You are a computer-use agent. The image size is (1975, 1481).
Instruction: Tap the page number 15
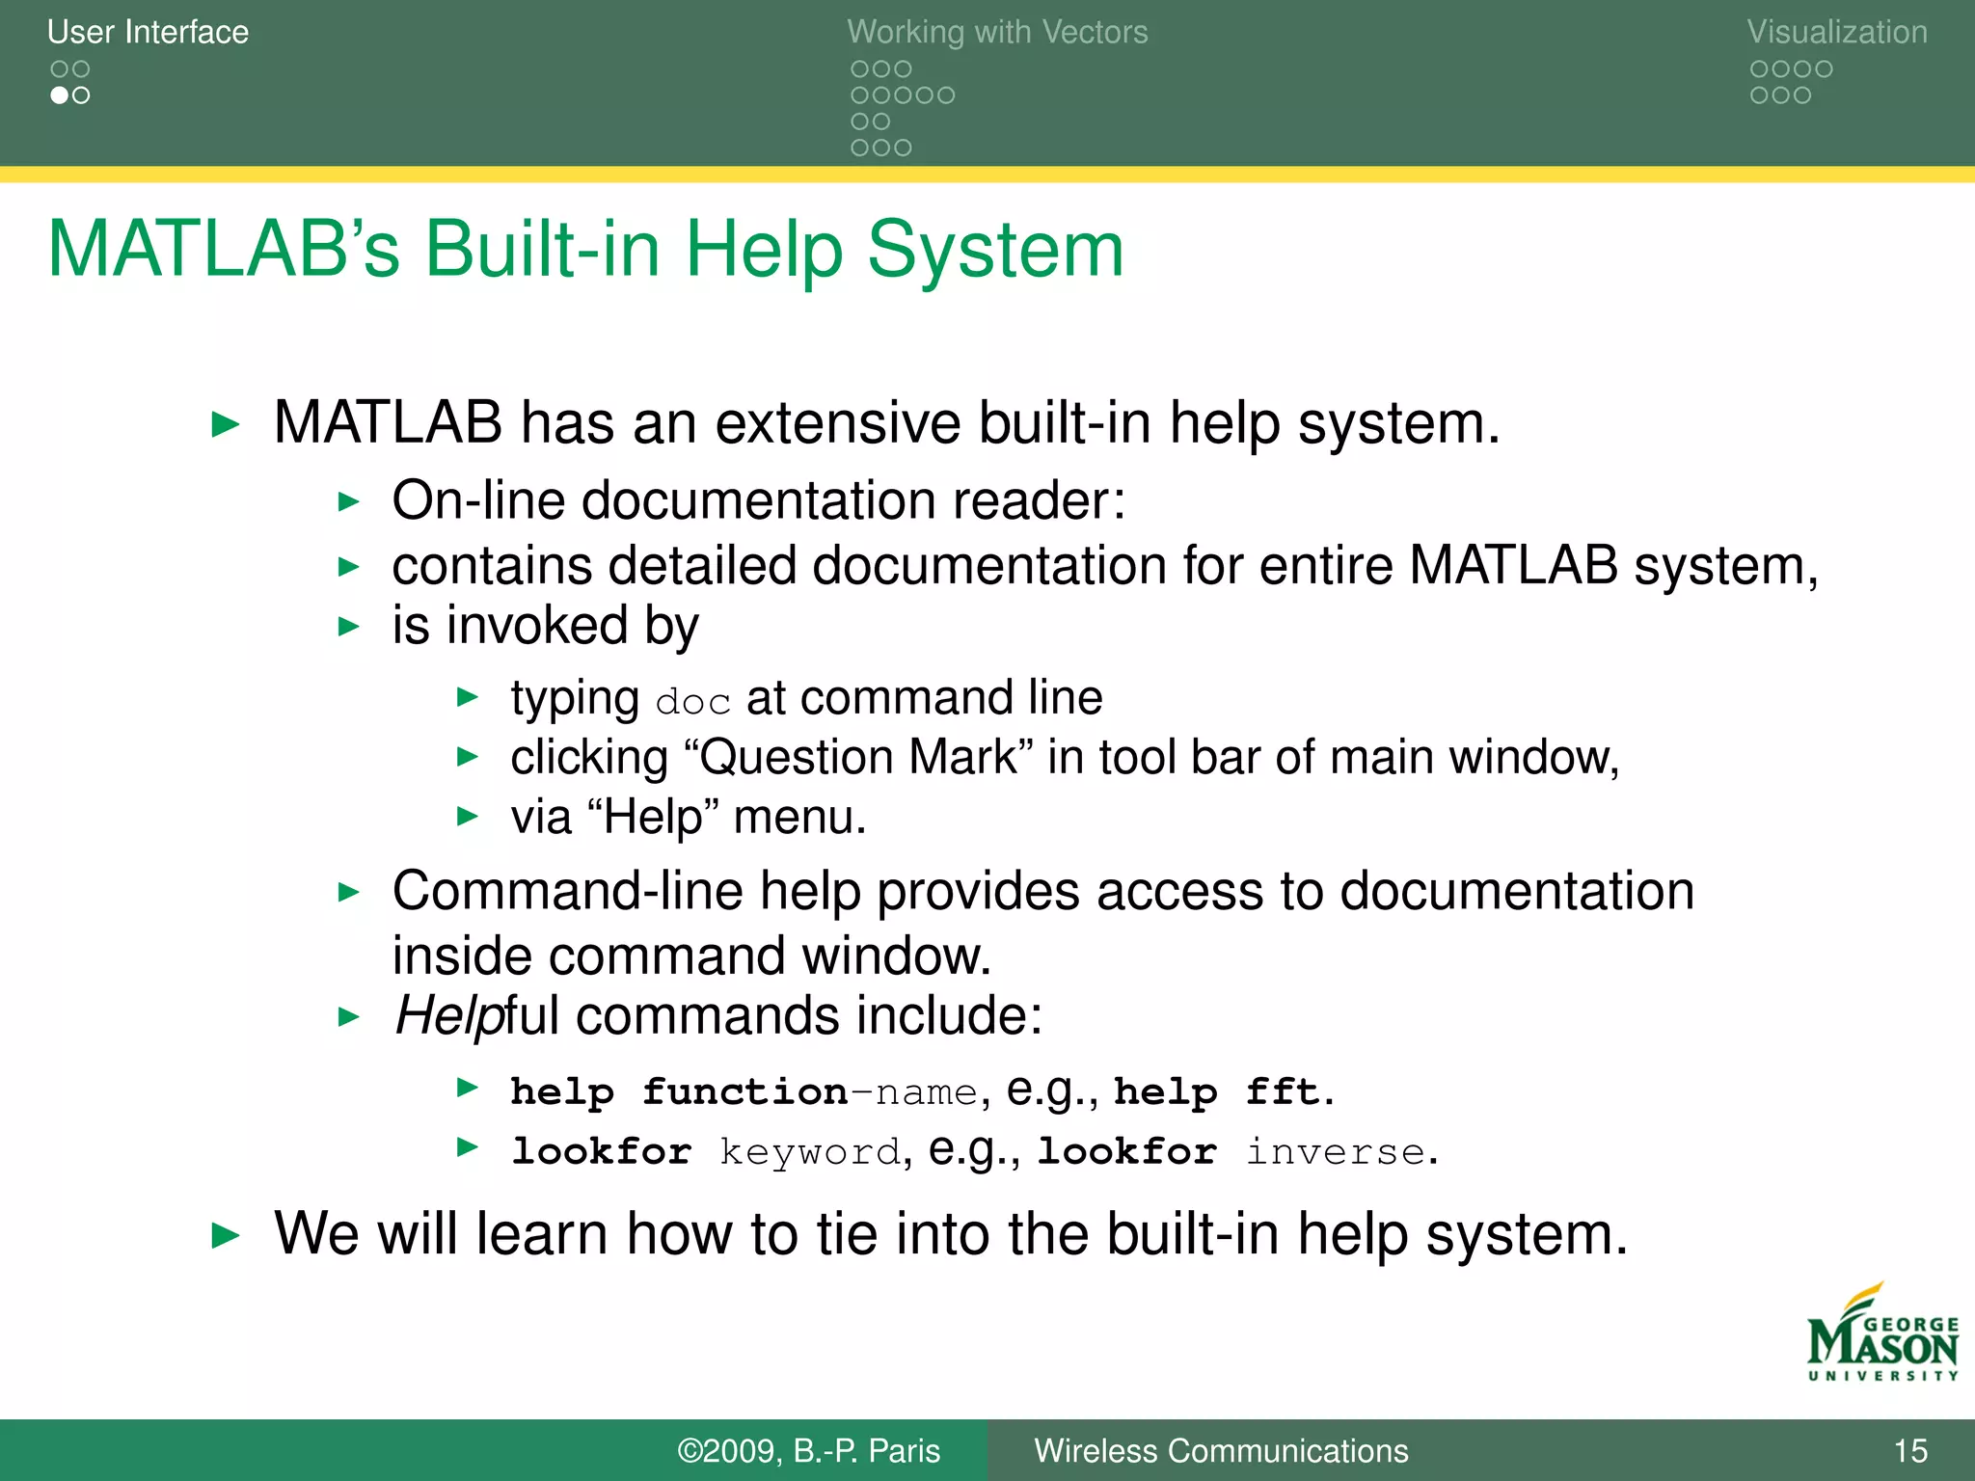[1909, 1450]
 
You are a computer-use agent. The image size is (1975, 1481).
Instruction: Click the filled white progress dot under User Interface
[60, 95]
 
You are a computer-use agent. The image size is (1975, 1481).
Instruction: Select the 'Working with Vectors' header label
[997, 32]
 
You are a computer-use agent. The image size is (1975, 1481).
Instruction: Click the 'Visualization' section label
[1836, 32]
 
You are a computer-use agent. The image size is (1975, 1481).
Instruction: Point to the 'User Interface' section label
[148, 32]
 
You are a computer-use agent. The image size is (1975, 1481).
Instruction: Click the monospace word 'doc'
[692, 702]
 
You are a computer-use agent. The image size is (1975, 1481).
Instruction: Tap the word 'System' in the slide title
[995, 250]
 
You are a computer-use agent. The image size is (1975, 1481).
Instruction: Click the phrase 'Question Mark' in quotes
[858, 757]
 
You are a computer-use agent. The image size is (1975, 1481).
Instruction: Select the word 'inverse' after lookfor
[1336, 1152]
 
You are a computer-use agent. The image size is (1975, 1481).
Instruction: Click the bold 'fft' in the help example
[1281, 1092]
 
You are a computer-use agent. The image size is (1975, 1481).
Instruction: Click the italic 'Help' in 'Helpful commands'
[448, 1016]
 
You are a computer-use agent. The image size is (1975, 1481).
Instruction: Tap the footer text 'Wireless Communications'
[1221, 1450]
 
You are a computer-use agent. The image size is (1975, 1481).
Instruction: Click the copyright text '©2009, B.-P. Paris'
[808, 1450]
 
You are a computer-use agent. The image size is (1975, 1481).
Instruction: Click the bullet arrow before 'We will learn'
[225, 1235]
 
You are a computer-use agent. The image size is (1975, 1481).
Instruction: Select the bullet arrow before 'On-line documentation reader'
[349, 501]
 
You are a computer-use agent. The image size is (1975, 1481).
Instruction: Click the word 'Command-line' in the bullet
[567, 891]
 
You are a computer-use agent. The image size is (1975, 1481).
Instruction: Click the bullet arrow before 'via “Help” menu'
[468, 817]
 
